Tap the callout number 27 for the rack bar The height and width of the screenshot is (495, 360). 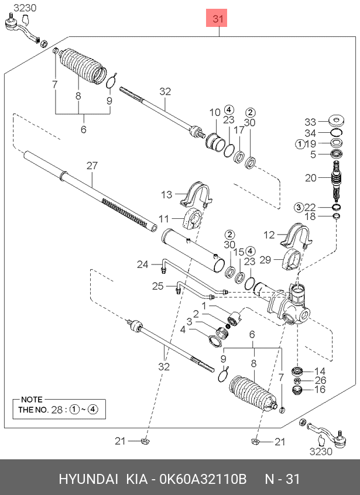[x=92, y=166]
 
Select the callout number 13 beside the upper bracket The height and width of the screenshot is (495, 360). [x=166, y=194]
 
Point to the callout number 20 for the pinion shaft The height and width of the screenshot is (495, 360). [x=311, y=178]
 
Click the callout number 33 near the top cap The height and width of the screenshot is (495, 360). [x=310, y=122]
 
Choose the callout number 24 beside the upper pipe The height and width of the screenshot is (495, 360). [x=143, y=264]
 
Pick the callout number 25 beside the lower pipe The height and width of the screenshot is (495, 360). [x=158, y=286]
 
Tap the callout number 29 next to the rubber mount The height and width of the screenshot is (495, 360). [x=265, y=260]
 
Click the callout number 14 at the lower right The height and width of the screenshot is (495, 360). [x=320, y=371]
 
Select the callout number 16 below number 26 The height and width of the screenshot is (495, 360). [x=320, y=389]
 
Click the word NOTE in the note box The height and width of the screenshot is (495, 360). [x=32, y=400]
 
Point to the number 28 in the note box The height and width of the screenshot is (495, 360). [x=57, y=410]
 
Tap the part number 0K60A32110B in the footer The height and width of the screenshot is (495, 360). [x=203, y=479]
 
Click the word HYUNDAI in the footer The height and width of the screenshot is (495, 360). [x=88, y=479]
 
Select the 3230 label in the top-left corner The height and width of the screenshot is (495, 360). [x=25, y=8]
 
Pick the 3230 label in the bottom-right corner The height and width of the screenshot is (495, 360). [x=321, y=452]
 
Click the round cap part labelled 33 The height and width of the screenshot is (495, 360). [x=337, y=121]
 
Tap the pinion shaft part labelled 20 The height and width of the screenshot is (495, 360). [x=337, y=180]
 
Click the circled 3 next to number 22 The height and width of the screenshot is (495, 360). [x=299, y=207]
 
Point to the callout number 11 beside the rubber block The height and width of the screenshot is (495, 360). [x=164, y=218]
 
